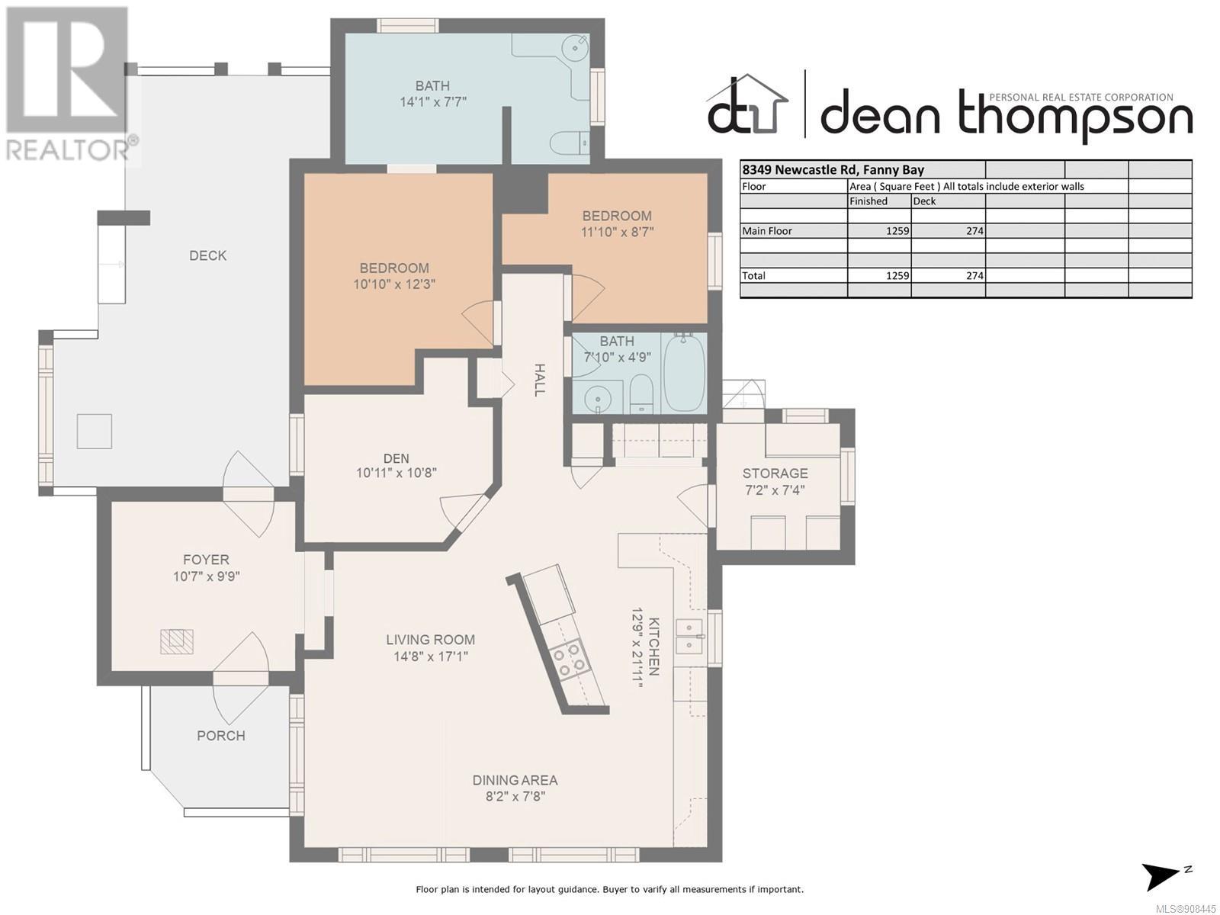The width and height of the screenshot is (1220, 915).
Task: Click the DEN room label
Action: pos(396,458)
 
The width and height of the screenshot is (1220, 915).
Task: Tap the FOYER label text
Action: pos(206,560)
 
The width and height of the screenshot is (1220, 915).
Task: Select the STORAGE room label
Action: pos(775,474)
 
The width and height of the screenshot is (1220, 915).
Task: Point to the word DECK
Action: pos(208,255)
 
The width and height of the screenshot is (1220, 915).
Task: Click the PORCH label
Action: pos(220,736)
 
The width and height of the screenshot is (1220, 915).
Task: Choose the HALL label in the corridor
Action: pos(539,380)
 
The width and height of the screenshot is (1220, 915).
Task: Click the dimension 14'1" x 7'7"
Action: pos(433,102)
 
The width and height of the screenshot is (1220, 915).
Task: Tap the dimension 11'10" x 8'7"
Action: pos(617,232)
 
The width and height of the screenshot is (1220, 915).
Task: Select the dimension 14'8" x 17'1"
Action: pos(431,657)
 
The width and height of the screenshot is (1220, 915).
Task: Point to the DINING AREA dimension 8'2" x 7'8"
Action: pos(515,796)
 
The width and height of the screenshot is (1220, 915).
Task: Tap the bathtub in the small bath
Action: pos(685,371)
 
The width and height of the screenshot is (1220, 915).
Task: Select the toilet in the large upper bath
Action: pos(570,143)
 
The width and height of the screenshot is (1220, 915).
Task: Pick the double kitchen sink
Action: pos(689,637)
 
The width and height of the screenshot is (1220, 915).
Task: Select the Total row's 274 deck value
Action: pos(974,275)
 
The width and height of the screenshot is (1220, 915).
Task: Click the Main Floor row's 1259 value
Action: pos(897,230)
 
